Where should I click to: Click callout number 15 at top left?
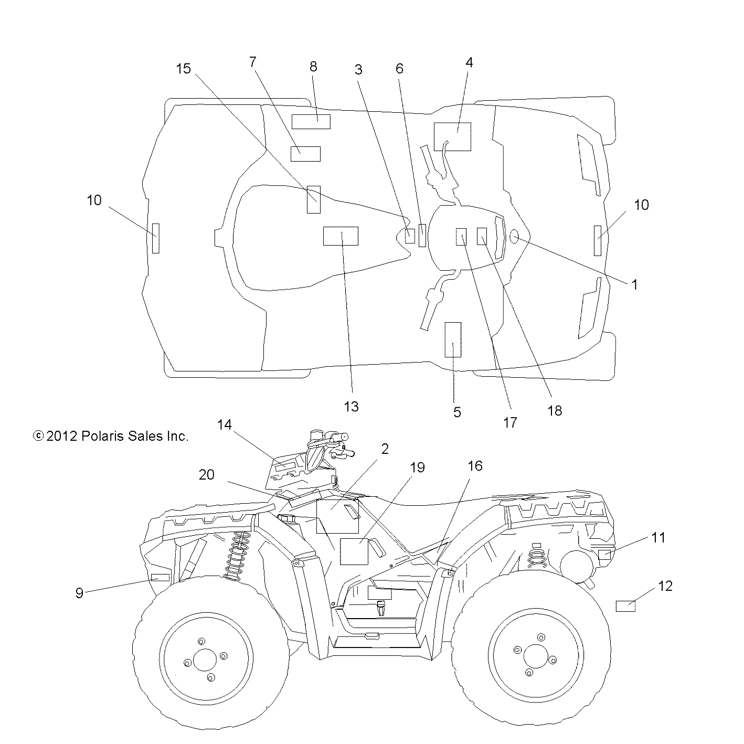(184, 69)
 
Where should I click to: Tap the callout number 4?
(469, 62)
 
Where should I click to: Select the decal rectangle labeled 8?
(311, 121)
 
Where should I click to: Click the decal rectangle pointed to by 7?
(305, 154)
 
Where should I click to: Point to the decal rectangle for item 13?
(340, 236)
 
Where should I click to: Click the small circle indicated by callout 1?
(514, 237)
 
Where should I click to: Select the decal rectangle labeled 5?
(453, 339)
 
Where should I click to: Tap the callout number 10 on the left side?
(94, 200)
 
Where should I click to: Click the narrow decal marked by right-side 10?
(597, 240)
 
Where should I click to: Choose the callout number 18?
(554, 411)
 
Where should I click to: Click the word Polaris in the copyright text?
(103, 436)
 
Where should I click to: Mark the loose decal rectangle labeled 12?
(625, 607)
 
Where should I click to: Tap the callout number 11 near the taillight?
(658, 537)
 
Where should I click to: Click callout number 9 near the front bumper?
(79, 593)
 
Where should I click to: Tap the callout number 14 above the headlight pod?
(224, 424)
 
